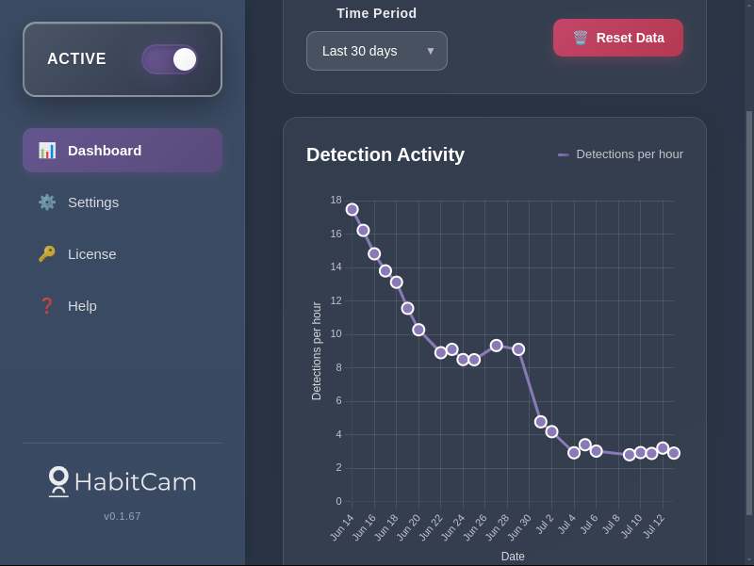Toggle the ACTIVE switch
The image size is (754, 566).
170,59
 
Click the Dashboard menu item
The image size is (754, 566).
123,151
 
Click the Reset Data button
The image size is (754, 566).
618,38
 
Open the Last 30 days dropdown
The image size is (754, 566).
377,51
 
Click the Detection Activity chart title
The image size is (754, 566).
385,154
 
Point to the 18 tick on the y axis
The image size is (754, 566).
336,200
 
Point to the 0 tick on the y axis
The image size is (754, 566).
338,501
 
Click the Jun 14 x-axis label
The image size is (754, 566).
342,526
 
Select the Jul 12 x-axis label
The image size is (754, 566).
653,526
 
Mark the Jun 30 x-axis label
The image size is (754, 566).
519,526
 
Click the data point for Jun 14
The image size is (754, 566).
352,209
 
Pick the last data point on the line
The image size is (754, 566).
674,453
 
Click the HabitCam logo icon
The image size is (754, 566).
58,480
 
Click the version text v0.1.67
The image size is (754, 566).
123,516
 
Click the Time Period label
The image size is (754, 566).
377,13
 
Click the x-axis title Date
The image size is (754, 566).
513,557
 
